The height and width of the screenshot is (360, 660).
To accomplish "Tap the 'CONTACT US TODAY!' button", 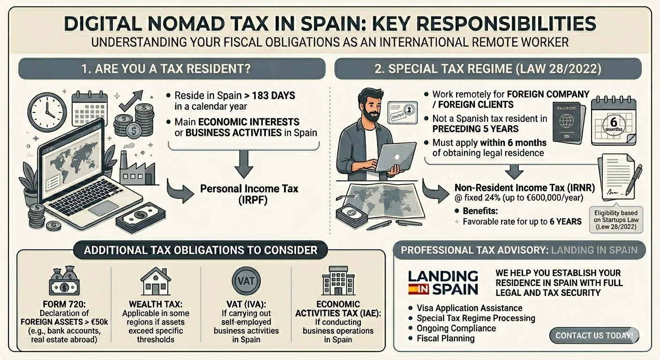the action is point(594,335).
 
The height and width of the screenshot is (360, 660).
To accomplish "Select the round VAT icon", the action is point(246,281).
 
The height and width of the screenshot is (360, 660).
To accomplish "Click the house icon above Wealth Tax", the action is point(156,281).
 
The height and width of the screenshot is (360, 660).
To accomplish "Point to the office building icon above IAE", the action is point(338,280).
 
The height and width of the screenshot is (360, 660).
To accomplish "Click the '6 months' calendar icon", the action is point(614,121).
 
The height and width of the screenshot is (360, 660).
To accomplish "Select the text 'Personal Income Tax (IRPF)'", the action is point(249,194).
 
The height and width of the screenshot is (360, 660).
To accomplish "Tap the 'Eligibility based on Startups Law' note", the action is point(616,220).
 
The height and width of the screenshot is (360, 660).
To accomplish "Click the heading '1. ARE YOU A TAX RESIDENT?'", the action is point(166,68).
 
